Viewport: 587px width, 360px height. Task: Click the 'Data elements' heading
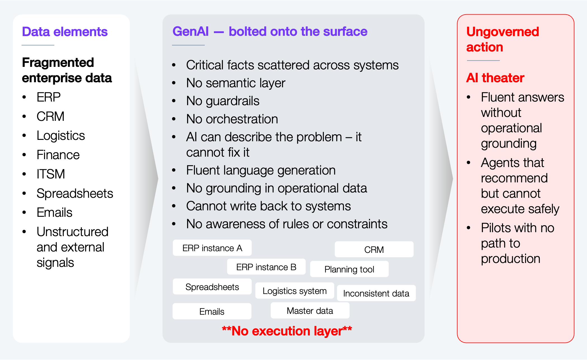click(65, 32)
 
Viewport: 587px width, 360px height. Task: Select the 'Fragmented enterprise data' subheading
click(67, 70)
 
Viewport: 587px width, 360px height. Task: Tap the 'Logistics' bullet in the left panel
click(61, 136)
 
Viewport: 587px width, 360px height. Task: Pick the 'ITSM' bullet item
click(51, 174)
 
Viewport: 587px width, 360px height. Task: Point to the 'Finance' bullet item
click(58, 155)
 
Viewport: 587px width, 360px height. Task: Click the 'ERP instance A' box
click(212, 248)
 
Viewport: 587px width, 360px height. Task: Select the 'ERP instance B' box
click(266, 267)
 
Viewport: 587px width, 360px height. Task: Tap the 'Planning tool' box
click(349, 269)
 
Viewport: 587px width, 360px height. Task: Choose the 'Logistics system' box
click(295, 291)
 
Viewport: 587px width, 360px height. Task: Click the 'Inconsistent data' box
click(376, 293)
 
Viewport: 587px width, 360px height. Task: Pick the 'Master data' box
click(310, 310)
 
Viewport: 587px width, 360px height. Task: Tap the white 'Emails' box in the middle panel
click(212, 311)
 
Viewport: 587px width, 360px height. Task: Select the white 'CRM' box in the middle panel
click(374, 249)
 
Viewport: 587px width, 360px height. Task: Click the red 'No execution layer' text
click(287, 331)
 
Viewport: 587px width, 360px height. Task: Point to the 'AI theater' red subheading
click(495, 78)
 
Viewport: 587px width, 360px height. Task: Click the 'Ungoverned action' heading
click(503, 39)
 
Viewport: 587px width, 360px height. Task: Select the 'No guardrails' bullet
click(223, 101)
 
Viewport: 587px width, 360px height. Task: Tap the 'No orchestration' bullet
click(232, 119)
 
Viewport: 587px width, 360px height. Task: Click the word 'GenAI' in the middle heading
click(191, 31)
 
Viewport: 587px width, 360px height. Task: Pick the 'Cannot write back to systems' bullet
click(268, 206)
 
